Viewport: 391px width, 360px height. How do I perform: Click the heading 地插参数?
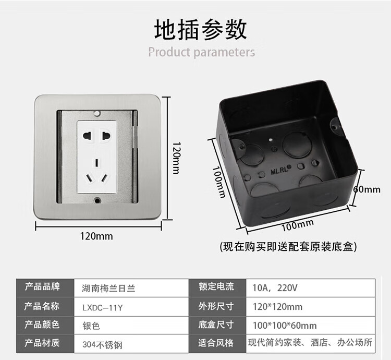[x=201, y=30]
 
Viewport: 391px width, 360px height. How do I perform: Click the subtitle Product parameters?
[x=202, y=52]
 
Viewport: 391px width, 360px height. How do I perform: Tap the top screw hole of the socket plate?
[x=97, y=114]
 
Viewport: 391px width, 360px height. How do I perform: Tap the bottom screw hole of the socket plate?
[x=97, y=200]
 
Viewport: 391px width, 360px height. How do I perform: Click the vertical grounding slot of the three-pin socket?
[x=96, y=162]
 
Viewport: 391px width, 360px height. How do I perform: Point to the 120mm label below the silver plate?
[x=96, y=236]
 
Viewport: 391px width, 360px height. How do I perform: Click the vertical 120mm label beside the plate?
[x=176, y=158]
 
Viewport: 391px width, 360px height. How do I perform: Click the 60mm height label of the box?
[x=367, y=189]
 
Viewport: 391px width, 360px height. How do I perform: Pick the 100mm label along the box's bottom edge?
[x=298, y=225]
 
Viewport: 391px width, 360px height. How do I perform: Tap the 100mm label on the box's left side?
[x=219, y=182]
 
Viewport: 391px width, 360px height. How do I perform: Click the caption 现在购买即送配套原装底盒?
[x=288, y=246]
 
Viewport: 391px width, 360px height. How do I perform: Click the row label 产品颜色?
[x=42, y=325]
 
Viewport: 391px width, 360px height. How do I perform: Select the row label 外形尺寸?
[x=216, y=306]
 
